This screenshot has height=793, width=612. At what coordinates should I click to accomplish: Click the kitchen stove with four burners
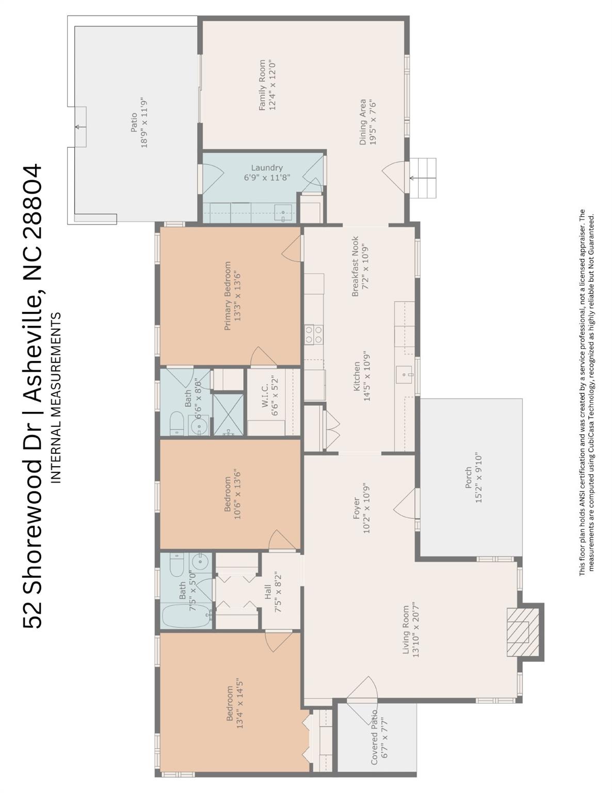point(313,334)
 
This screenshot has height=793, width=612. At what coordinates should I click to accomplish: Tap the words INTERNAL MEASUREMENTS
point(56,398)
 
